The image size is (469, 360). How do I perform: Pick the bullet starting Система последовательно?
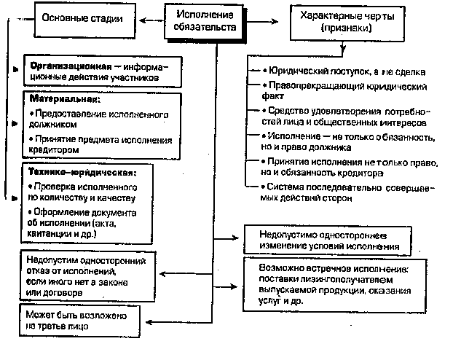[346, 193]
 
